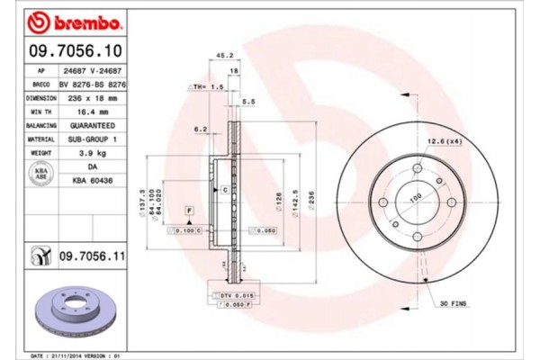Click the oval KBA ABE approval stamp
point(40,175)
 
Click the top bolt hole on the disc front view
point(416,167)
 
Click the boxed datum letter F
point(190,211)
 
